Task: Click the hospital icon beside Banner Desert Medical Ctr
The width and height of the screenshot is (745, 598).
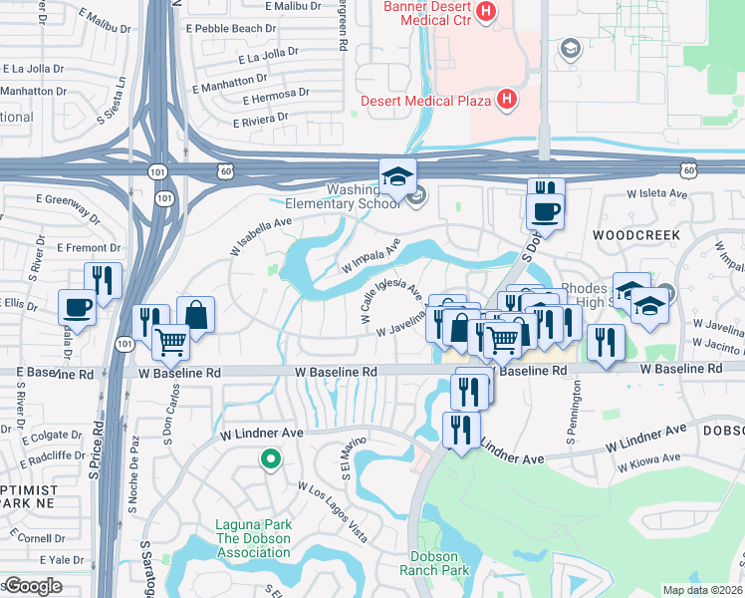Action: pyautogui.click(x=486, y=13)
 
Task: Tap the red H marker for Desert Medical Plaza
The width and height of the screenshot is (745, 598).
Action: pyautogui.click(x=507, y=99)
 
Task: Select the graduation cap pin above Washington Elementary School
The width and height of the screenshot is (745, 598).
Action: pyautogui.click(x=397, y=176)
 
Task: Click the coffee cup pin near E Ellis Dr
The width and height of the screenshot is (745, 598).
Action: pyautogui.click(x=78, y=307)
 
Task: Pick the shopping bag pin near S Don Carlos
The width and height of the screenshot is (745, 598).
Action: pyautogui.click(x=196, y=315)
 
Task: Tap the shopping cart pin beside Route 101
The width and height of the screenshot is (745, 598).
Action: pyautogui.click(x=171, y=342)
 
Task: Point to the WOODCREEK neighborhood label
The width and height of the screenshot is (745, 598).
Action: pyautogui.click(x=635, y=236)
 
